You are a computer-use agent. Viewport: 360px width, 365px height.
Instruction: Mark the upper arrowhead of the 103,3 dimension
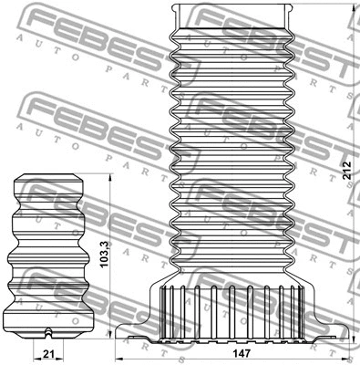(x=109, y=173)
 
